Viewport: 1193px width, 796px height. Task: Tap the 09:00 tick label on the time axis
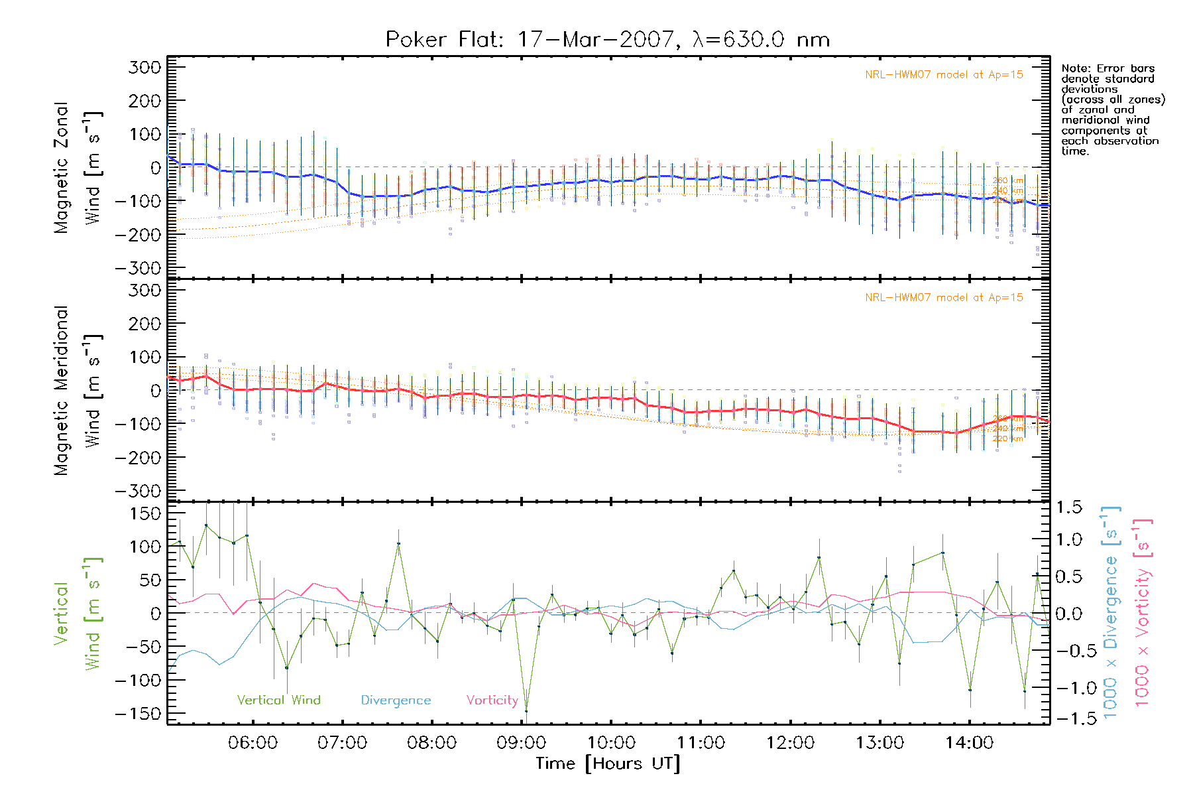521,743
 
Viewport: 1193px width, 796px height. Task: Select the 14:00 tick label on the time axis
969,743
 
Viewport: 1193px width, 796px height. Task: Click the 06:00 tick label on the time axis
253,743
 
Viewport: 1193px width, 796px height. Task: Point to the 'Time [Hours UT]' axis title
608,763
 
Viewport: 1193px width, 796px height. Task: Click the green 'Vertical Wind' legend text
278,700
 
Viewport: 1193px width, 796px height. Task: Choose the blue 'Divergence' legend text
396,700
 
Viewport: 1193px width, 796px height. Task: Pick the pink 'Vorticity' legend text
492,700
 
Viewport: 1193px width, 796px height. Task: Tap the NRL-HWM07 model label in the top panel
944,75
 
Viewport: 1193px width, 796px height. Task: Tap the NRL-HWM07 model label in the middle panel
944,298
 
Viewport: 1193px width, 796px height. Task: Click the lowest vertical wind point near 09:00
526,711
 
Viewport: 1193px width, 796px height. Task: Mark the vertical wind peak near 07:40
399,544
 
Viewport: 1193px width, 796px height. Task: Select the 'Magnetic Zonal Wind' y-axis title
78,168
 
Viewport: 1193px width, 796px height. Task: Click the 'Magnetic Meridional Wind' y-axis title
78,391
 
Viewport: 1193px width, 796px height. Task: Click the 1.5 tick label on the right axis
1068,507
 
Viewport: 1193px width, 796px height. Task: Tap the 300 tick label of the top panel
144,67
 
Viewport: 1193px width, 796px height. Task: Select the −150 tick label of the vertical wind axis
138,714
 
